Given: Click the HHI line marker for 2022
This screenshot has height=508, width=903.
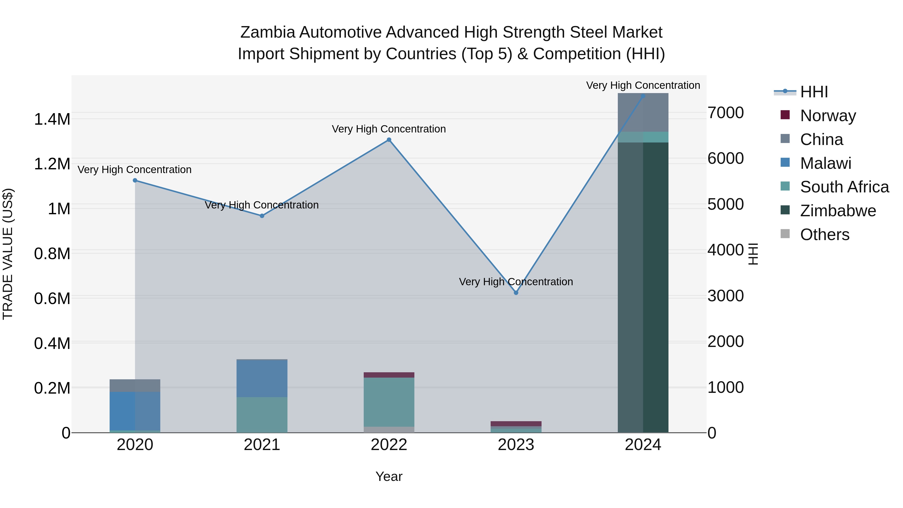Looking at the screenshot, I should click(389, 140).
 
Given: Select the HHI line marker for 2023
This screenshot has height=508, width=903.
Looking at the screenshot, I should click(516, 293).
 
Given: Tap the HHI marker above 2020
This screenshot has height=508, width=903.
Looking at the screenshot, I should click(135, 181).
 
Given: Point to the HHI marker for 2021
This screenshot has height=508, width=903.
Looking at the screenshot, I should click(262, 216).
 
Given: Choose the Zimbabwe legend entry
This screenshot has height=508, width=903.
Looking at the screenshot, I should click(838, 211).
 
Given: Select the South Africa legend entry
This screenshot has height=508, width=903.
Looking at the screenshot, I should click(844, 187).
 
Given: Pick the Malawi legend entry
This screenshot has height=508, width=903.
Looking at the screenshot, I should click(825, 163).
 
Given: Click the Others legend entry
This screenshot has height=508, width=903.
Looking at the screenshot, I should click(824, 235).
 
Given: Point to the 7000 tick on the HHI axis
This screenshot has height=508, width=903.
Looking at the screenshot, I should click(725, 113).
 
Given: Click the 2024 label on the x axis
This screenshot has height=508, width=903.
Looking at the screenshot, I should click(643, 445).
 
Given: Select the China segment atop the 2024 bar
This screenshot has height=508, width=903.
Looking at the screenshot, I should click(643, 112).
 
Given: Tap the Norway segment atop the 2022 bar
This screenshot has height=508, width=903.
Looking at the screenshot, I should click(389, 375).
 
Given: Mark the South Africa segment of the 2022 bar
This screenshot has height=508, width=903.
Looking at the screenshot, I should click(389, 402).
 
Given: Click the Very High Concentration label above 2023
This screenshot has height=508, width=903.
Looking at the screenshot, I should click(516, 282).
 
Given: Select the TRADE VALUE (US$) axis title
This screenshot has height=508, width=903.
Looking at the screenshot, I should click(8, 254).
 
